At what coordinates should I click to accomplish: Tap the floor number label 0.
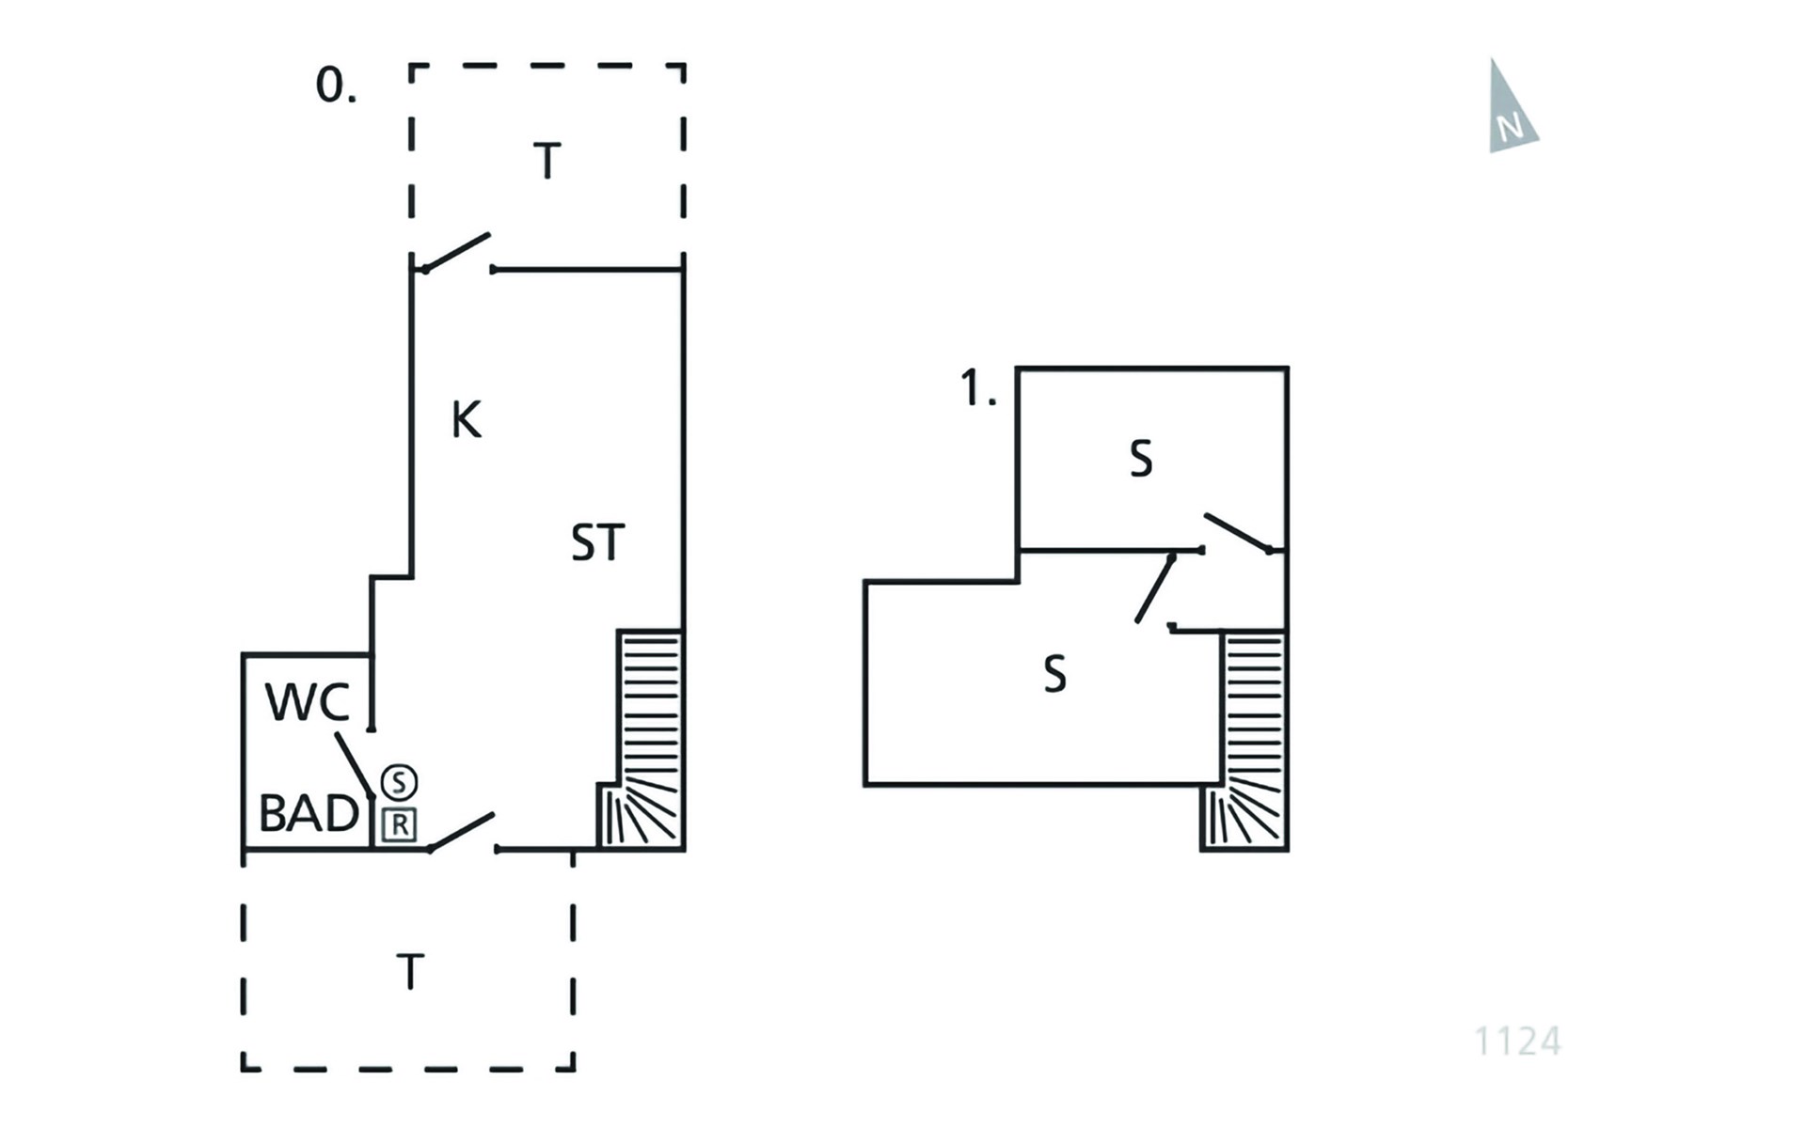click(335, 86)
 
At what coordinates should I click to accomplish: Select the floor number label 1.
click(977, 388)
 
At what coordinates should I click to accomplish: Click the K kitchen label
click(467, 420)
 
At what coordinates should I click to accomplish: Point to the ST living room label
click(597, 543)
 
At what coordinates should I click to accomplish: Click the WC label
click(308, 702)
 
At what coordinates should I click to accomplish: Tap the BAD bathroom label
click(309, 813)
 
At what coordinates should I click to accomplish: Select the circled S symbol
click(399, 782)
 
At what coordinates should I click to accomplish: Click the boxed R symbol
click(400, 825)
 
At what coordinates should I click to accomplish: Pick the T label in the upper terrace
click(547, 161)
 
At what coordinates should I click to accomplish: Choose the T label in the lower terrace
click(410, 972)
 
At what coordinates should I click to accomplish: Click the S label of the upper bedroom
click(1140, 460)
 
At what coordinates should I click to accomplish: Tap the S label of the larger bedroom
click(1054, 674)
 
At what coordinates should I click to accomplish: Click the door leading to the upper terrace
click(456, 253)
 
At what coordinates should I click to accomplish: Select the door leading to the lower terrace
click(461, 832)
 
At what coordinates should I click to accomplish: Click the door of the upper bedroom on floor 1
click(1238, 533)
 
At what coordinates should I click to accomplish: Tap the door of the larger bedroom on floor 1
click(1155, 588)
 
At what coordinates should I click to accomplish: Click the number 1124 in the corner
click(1517, 1042)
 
